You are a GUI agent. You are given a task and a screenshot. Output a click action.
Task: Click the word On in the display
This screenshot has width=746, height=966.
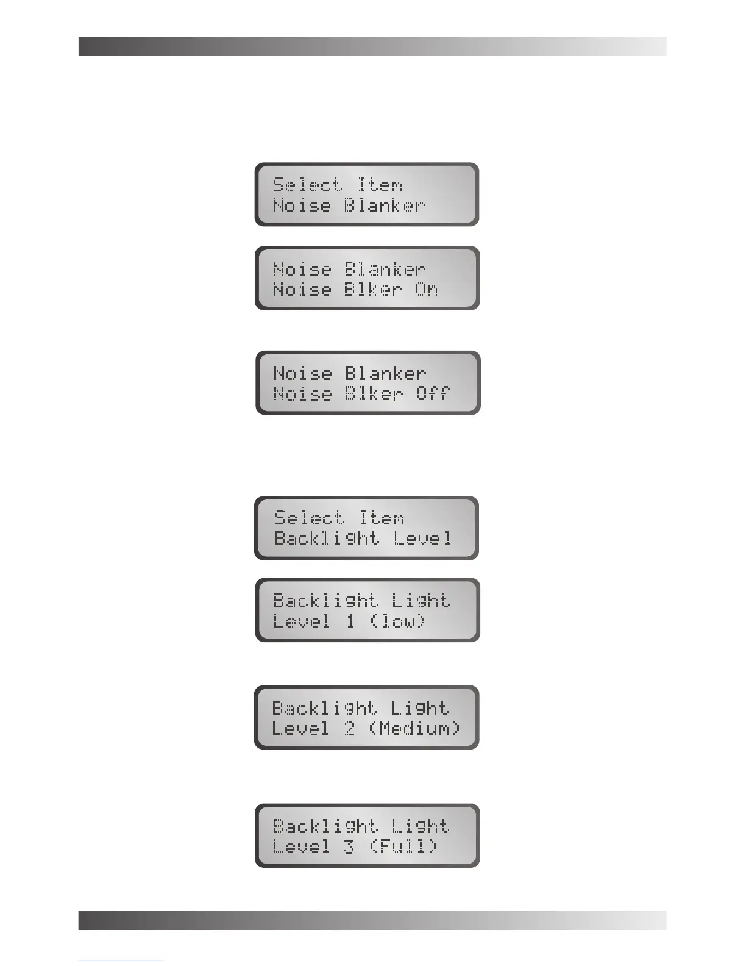point(427,289)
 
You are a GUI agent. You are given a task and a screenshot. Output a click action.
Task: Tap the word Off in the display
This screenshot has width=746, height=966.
point(433,393)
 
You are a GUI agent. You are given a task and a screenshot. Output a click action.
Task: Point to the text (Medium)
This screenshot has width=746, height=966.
point(415,729)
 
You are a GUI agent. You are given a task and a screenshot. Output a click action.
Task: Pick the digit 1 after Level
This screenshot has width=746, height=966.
point(350,621)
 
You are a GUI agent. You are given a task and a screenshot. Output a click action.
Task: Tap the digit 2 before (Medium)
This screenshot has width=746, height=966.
point(349,729)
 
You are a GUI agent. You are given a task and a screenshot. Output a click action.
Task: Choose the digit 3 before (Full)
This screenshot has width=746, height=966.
point(349,847)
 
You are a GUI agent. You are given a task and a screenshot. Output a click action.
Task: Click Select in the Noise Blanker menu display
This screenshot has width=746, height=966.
point(307,185)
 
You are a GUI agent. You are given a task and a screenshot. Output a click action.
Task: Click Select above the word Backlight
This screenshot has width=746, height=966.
point(309,518)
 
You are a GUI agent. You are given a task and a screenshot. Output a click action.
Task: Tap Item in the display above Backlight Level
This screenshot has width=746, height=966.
point(382,518)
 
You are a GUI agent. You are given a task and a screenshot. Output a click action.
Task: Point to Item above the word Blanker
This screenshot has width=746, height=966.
point(380,185)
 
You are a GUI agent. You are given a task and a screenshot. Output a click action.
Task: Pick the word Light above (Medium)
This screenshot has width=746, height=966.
point(419,708)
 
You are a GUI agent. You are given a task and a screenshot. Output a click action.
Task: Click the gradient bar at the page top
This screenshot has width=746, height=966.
point(372,47)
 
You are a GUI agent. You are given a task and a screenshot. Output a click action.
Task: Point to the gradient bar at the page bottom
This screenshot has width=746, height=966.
point(372,920)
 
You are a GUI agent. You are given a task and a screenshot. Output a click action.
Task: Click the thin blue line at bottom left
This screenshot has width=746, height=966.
point(121,961)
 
